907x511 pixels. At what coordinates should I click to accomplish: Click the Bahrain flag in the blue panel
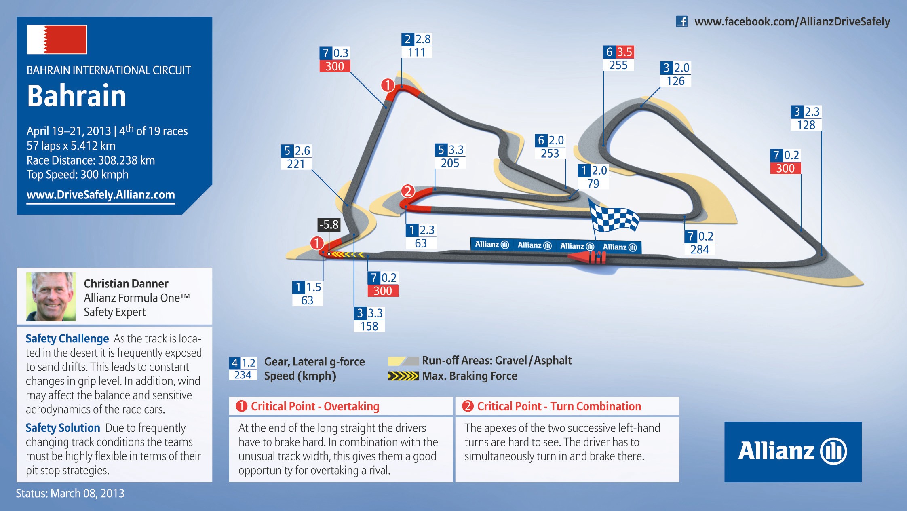57,40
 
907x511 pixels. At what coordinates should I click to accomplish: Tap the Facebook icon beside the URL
681,21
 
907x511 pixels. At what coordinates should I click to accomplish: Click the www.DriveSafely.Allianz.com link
101,195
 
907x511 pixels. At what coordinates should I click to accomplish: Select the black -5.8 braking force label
329,225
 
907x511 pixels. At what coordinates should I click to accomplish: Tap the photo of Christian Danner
51,297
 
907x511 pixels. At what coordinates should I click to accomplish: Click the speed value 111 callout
417,53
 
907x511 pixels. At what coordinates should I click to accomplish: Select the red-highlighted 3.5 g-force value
624,52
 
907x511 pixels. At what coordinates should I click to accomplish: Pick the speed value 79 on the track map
593,184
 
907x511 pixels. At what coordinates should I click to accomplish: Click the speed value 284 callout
700,249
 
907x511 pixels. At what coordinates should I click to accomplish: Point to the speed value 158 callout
369,326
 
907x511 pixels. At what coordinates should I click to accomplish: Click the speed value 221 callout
296,164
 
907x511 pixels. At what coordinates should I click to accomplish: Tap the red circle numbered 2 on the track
408,191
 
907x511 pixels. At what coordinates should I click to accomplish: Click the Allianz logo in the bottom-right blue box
793,451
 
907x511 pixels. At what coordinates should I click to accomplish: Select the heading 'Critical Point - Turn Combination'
559,406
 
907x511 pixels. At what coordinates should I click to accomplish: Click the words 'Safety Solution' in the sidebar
63,428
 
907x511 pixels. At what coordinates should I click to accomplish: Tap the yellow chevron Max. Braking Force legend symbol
403,376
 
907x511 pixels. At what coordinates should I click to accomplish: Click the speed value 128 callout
806,125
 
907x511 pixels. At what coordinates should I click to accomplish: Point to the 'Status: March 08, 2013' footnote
70,494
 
